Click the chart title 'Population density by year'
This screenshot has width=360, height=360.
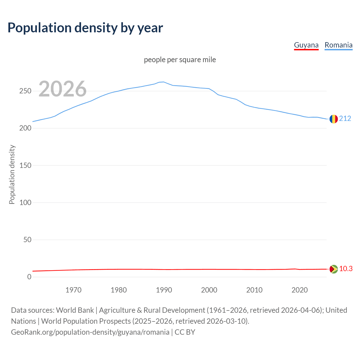point(85,28)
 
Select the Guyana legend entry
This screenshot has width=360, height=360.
point(306,45)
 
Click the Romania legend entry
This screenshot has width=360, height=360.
point(338,45)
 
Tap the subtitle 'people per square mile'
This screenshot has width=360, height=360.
point(180,60)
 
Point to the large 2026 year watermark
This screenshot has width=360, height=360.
point(62,89)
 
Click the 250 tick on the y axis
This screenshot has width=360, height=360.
point(25,91)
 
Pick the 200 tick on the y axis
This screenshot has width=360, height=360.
point(25,128)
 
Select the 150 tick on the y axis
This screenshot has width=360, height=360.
point(25,165)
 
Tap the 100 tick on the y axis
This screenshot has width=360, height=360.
point(25,202)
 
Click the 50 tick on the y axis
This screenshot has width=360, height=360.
point(27,240)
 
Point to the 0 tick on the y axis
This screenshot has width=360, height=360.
point(29,277)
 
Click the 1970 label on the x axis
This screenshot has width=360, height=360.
point(73,290)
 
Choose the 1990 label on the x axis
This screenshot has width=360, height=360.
point(164,290)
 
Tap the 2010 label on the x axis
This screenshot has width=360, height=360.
point(254,290)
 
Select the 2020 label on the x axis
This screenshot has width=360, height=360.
point(300,290)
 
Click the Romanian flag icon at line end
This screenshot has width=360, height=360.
point(334,119)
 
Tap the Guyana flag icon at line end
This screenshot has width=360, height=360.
point(334,269)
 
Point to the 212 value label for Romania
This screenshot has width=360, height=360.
point(345,118)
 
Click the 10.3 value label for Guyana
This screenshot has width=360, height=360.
point(346,269)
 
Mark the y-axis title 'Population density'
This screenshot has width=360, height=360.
point(12,174)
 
